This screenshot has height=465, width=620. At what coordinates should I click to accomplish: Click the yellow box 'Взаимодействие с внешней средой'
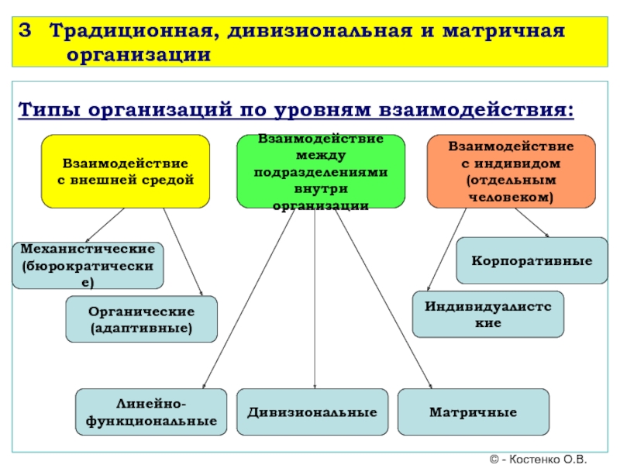[125, 171]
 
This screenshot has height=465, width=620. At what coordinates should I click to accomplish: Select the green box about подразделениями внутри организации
[320, 171]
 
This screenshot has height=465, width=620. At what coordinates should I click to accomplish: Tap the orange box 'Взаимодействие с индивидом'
[511, 171]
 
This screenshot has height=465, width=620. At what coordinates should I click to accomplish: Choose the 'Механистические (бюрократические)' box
[88, 265]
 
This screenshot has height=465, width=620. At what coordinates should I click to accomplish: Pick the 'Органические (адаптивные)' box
[141, 319]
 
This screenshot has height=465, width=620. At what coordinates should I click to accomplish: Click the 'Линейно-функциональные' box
[150, 412]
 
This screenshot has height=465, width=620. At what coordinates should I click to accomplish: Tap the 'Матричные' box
[473, 412]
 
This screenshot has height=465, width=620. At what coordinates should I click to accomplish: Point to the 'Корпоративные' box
[532, 260]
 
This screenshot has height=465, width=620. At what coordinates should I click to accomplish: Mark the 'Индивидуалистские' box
[488, 314]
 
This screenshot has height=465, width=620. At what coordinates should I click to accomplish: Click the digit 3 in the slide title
[26, 33]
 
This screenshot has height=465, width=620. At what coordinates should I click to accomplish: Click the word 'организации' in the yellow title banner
[139, 55]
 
